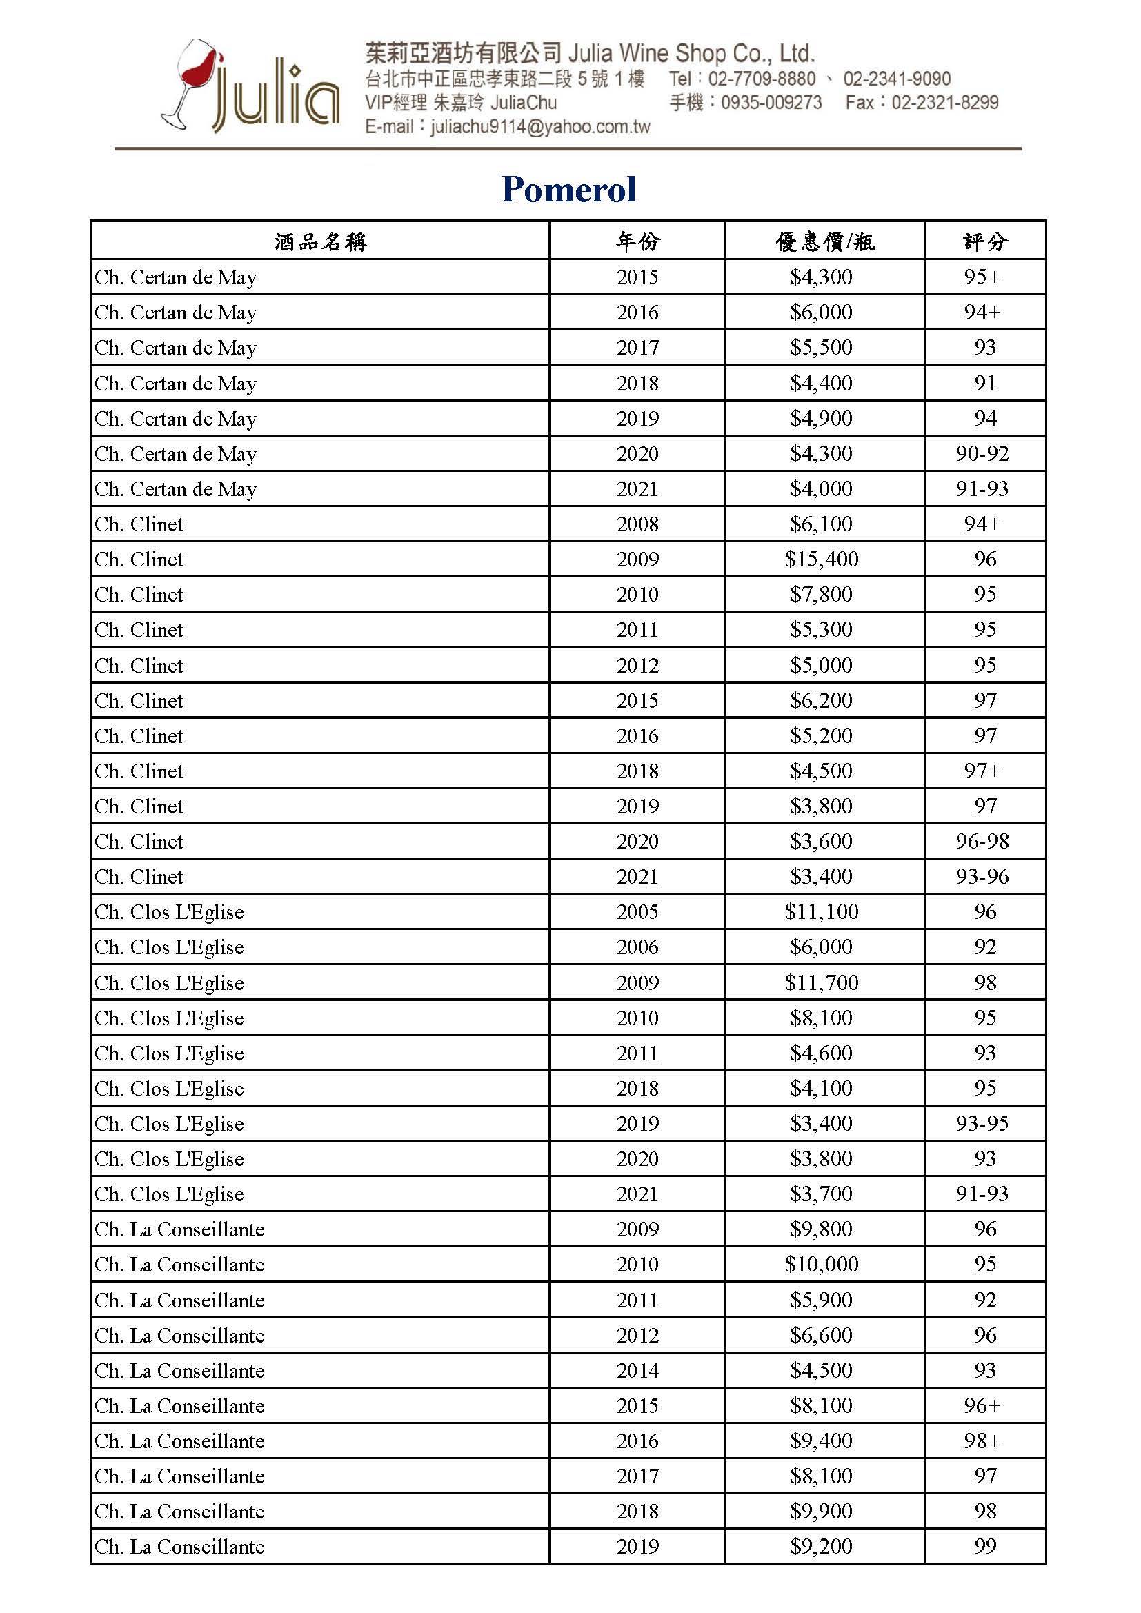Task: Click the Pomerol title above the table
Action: click(569, 189)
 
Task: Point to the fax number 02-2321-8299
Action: click(944, 103)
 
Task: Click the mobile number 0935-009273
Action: click(771, 103)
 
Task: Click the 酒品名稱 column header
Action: click(320, 241)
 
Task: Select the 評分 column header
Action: click(985, 241)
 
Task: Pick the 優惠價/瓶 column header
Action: click(824, 241)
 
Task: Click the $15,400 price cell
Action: click(822, 560)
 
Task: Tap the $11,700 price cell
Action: click(822, 982)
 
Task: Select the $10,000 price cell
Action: click(822, 1264)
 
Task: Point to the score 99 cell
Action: click(985, 1545)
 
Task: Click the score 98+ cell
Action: click(982, 1441)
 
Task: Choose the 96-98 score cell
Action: click(982, 841)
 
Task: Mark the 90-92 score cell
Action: click(982, 454)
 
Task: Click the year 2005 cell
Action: click(637, 912)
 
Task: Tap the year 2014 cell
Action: click(637, 1370)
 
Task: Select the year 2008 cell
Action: click(637, 524)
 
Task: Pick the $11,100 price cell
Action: click(822, 912)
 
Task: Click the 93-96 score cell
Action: click(982, 876)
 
